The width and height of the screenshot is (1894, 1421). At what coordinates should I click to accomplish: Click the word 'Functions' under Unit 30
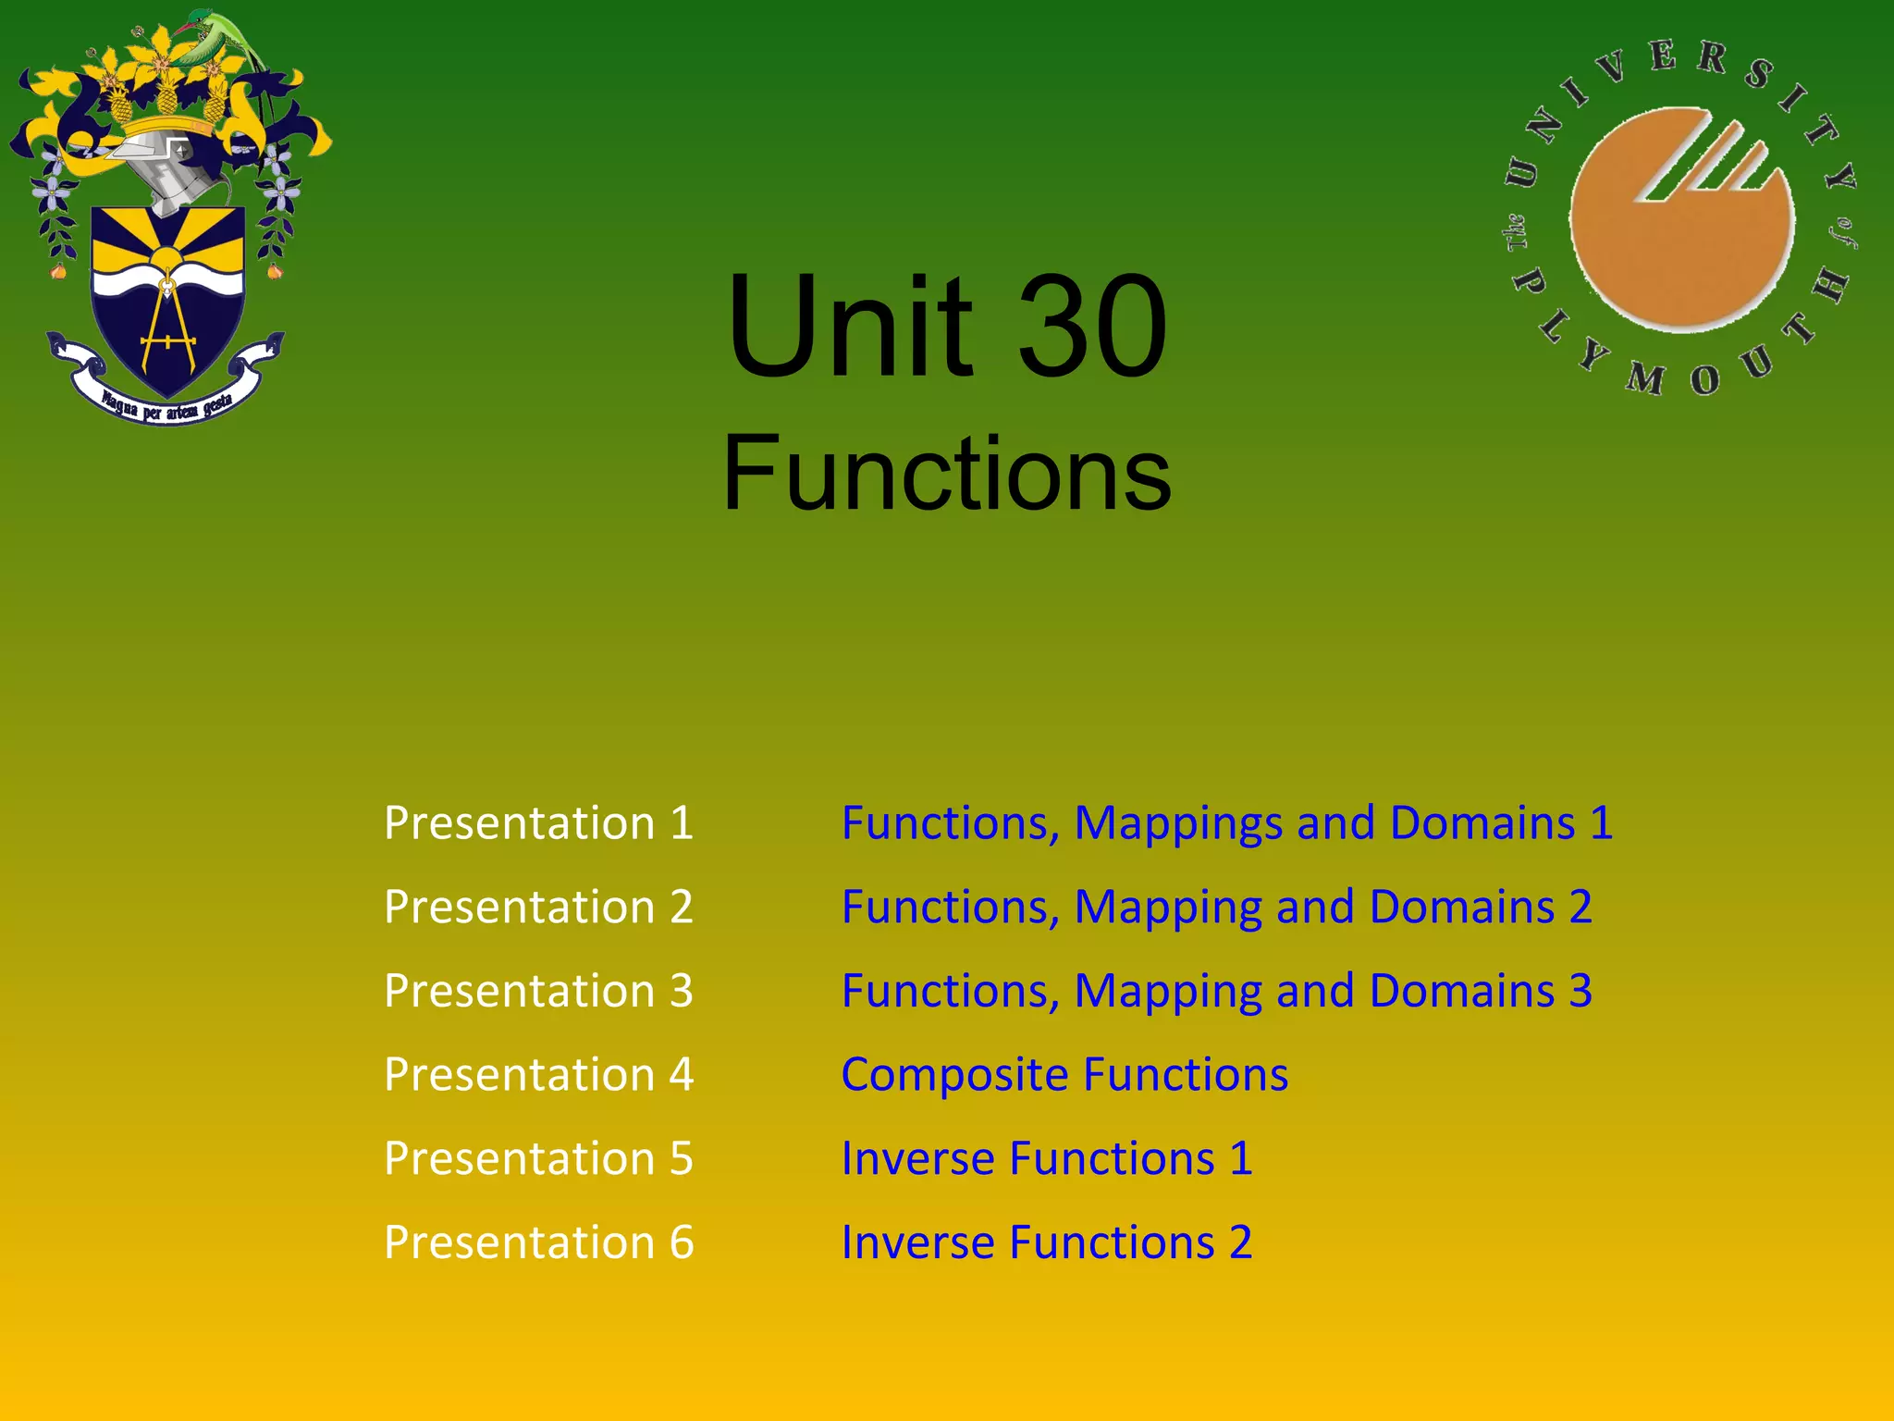coord(947,474)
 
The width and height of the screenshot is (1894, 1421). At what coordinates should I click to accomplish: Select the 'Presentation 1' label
coord(538,822)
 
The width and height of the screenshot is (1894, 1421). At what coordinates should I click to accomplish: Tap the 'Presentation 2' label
coord(538,907)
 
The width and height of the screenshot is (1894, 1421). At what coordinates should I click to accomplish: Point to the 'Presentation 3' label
coord(538,991)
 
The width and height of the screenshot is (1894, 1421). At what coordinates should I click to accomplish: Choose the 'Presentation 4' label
coord(538,1074)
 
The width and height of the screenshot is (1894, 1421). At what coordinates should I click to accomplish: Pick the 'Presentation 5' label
coord(538,1158)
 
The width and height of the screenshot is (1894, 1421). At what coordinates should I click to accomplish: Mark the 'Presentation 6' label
coord(538,1242)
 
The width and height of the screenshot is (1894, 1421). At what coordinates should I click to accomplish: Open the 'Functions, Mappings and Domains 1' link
coord(1226,822)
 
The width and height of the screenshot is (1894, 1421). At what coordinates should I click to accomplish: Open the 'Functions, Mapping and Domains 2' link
coord(1216,907)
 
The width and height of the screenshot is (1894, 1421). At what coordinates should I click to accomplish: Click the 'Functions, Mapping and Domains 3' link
coord(1216,991)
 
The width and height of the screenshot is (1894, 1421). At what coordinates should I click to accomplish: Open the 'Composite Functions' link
coord(1064,1074)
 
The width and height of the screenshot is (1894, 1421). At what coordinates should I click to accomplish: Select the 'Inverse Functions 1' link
coord(1047,1158)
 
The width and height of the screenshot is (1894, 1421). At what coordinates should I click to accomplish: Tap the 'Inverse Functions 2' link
coord(1047,1242)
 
